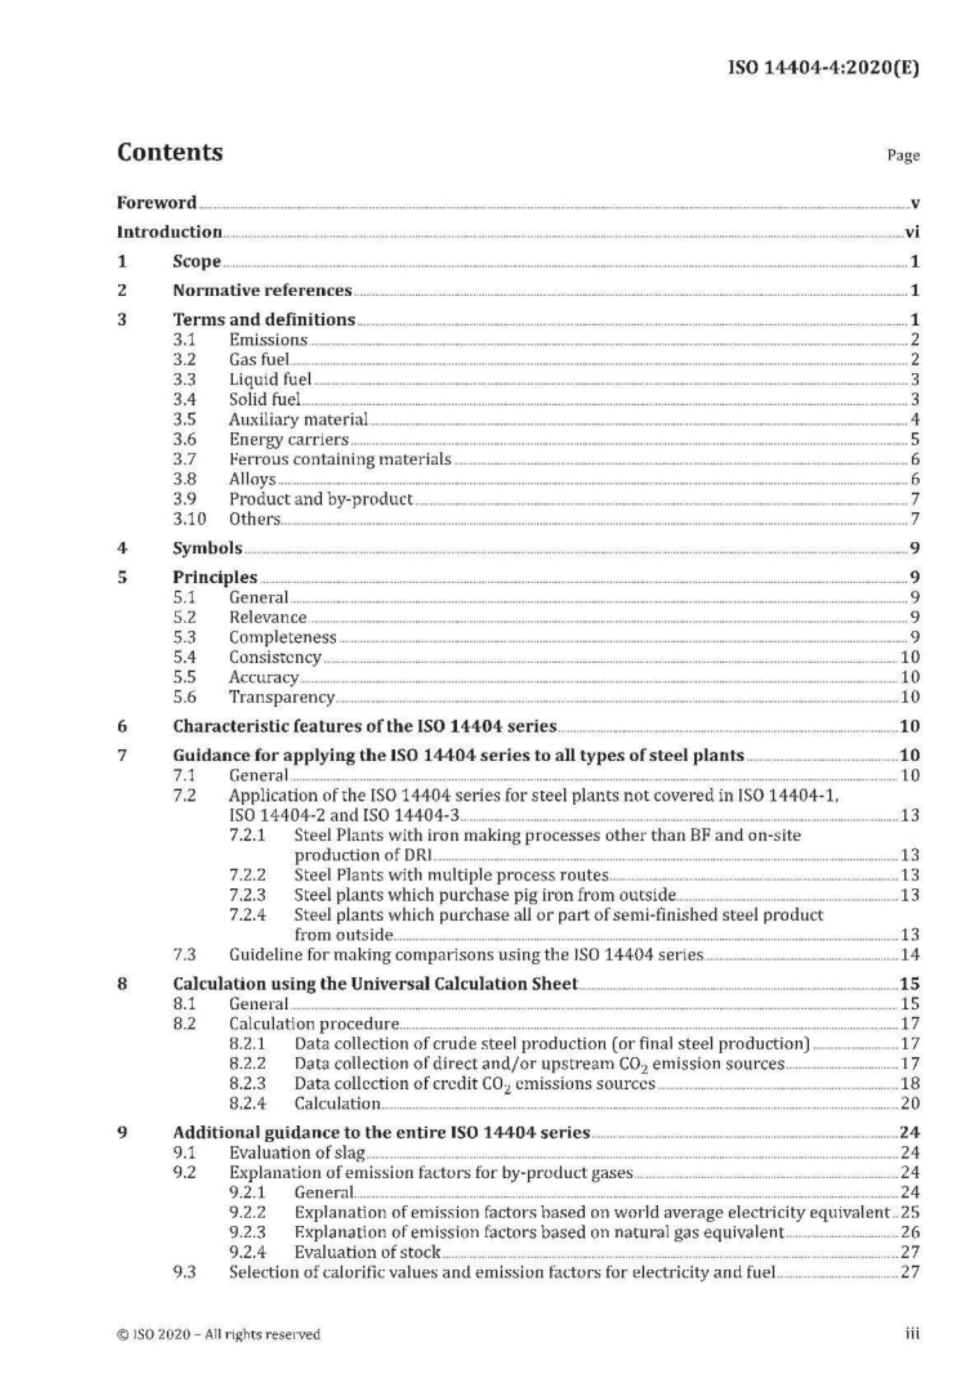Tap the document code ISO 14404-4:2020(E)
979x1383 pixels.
[x=824, y=68]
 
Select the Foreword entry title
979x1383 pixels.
[x=157, y=203]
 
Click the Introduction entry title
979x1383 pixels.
[x=169, y=232]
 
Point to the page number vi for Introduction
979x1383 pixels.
[x=912, y=232]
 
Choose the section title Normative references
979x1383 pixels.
[x=262, y=290]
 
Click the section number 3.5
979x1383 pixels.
[x=185, y=420]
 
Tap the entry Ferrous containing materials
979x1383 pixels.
[x=339, y=459]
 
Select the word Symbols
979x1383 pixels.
[x=207, y=548]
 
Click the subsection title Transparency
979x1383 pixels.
[x=282, y=697]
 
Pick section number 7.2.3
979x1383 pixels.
[x=247, y=895]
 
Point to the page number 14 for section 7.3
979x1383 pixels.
[x=910, y=955]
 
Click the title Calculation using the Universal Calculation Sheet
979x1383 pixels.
[x=375, y=984]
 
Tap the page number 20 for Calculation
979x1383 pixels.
[x=910, y=1103]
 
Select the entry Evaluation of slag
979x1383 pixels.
[x=297, y=1153]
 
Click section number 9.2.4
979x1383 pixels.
[x=247, y=1252]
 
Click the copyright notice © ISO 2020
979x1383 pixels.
[x=218, y=1335]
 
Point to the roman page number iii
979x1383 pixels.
[x=912, y=1334]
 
